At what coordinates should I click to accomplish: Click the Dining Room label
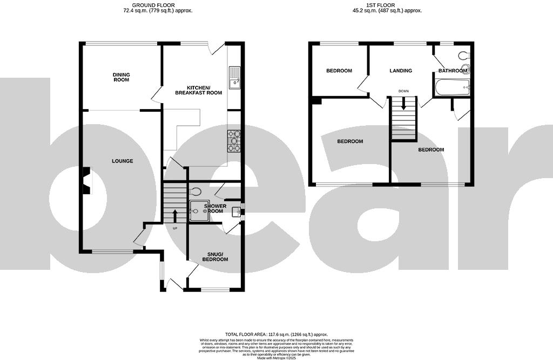tap(121, 77)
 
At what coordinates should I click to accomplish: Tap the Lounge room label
tap(122, 161)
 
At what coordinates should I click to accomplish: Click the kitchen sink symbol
tap(235, 78)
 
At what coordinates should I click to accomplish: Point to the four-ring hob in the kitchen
tap(234, 141)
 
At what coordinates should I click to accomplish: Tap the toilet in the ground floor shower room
tap(196, 191)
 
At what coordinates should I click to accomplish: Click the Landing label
tap(401, 71)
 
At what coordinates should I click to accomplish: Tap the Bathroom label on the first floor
tap(452, 71)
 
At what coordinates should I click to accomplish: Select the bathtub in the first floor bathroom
tap(453, 87)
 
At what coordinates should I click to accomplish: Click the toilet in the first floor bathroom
tap(464, 55)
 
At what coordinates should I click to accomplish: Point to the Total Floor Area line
tap(276, 335)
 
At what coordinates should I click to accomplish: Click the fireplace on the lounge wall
tap(85, 180)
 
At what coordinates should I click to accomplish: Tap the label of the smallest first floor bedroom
tap(339, 71)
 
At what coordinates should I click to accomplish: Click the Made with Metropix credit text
tap(276, 358)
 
